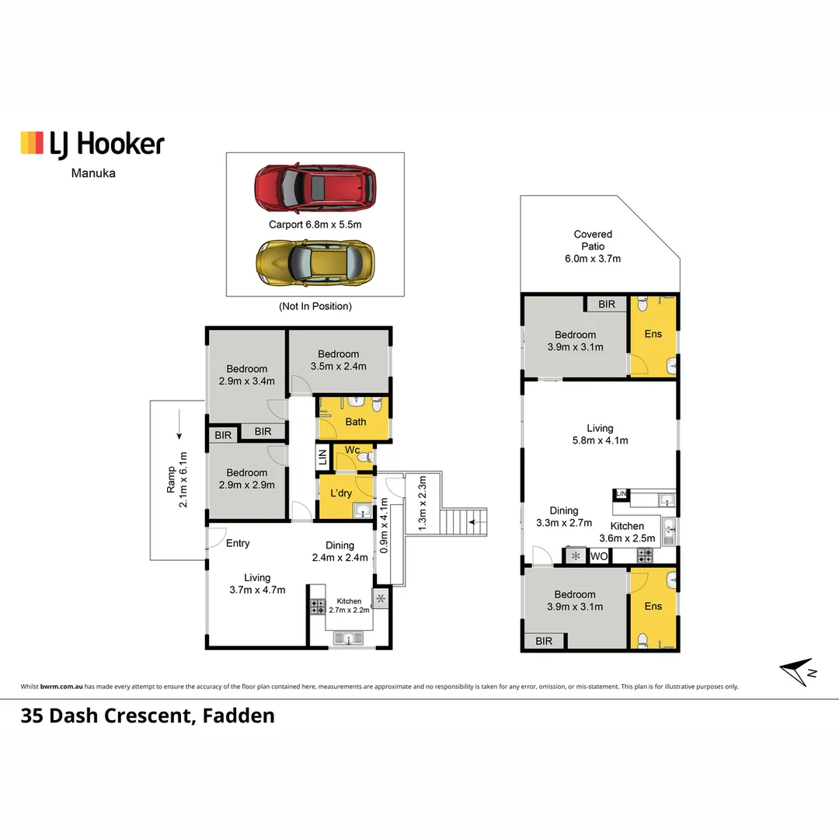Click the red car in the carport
pyautogui.click(x=315, y=188)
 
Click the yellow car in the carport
pyautogui.click(x=315, y=263)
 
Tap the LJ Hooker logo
pyautogui.click(x=92, y=144)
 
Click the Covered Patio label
pyautogui.click(x=593, y=246)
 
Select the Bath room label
pyautogui.click(x=355, y=422)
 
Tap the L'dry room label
pyautogui.click(x=341, y=493)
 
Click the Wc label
pyautogui.click(x=352, y=450)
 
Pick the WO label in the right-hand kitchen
pyautogui.click(x=599, y=556)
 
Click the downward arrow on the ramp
pyautogui.click(x=179, y=425)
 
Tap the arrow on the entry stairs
pyautogui.click(x=478, y=522)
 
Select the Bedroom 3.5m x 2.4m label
pyautogui.click(x=338, y=360)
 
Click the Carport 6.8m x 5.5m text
pyautogui.click(x=315, y=225)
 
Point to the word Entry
pyautogui.click(x=238, y=543)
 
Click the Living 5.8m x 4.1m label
pyautogui.click(x=600, y=434)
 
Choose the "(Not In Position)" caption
pyautogui.click(x=315, y=306)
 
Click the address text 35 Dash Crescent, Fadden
pyautogui.click(x=148, y=716)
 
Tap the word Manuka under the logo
pyautogui.click(x=93, y=172)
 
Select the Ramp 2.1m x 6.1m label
pyautogui.click(x=176, y=479)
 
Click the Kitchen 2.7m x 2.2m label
pyautogui.click(x=349, y=606)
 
